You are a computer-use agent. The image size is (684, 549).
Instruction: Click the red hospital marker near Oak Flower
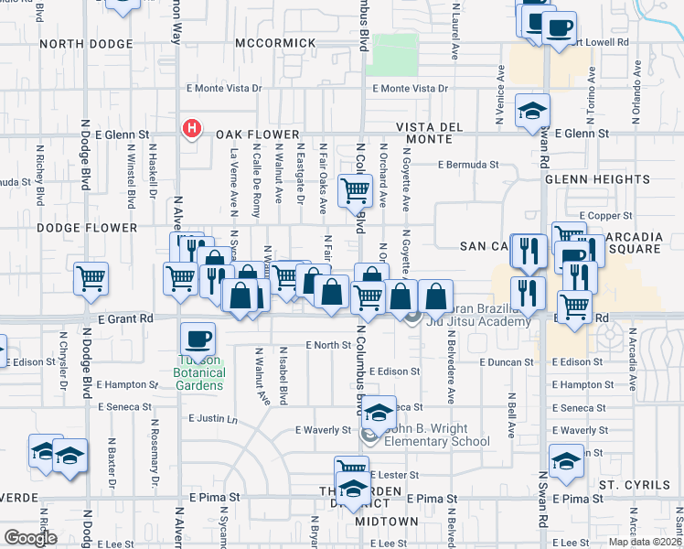(x=191, y=129)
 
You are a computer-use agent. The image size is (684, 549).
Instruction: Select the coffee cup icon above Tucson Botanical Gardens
(x=198, y=339)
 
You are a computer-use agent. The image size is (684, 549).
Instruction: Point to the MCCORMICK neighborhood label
(x=269, y=44)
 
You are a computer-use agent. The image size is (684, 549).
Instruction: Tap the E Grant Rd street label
(x=123, y=318)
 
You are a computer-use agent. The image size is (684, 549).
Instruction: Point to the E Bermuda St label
(x=468, y=166)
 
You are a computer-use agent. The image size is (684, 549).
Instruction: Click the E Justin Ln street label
(x=212, y=419)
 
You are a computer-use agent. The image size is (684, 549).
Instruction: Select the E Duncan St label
(x=507, y=362)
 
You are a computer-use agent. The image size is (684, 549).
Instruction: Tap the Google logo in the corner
(x=30, y=538)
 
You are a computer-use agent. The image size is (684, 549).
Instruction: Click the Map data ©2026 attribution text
(x=646, y=542)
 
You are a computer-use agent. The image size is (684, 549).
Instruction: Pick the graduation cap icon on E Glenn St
(x=532, y=111)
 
